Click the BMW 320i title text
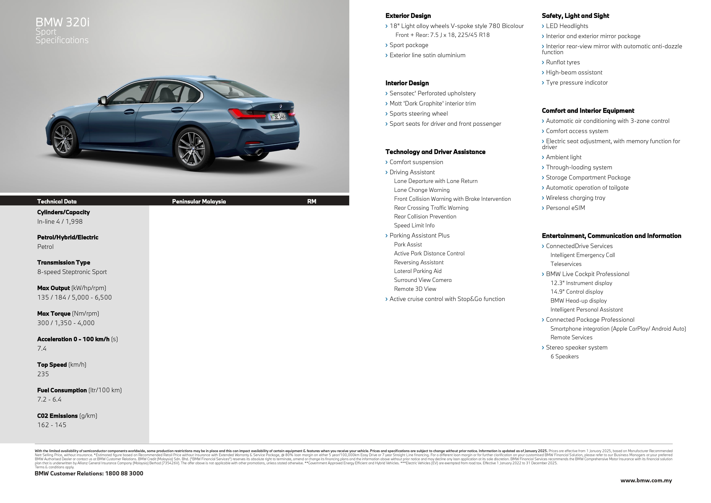[x=63, y=22]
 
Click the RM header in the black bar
[x=311, y=201]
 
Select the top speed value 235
[x=43, y=374]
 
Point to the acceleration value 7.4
[x=42, y=348]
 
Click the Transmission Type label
[x=63, y=262]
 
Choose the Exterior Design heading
[x=408, y=16]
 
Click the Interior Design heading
[x=407, y=83]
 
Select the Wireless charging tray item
[x=575, y=198]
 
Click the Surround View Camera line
[x=423, y=280]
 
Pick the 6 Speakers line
[x=564, y=356]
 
